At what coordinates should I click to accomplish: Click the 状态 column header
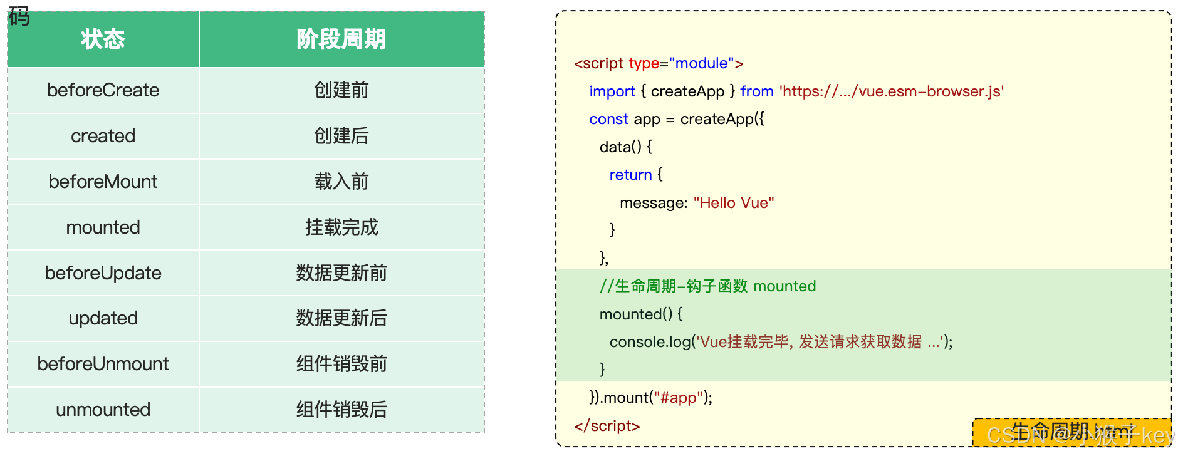tap(103, 39)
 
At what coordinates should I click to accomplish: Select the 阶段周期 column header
tap(341, 39)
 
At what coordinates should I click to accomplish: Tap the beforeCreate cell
tap(103, 90)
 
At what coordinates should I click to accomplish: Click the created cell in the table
tap(103, 136)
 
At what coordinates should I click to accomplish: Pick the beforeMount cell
tap(103, 182)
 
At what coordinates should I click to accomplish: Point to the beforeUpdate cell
tap(103, 273)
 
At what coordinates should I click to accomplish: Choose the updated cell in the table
tap(103, 318)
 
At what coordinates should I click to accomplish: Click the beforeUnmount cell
tap(103, 364)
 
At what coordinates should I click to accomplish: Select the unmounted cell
tap(103, 410)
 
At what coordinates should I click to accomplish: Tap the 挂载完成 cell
tap(341, 227)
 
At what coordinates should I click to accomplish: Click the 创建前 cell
tap(341, 90)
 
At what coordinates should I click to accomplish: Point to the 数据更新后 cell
tap(341, 318)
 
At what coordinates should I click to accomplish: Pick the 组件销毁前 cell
tap(341, 364)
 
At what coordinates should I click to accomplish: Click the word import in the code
tap(612, 91)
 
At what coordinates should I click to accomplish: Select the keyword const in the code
tap(608, 119)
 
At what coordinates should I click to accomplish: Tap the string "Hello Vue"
tap(734, 203)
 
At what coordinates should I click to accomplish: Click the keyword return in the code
tap(630, 175)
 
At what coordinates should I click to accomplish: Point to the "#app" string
tap(679, 398)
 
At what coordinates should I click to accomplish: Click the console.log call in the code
tap(650, 342)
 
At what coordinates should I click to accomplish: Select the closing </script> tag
tap(607, 426)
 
